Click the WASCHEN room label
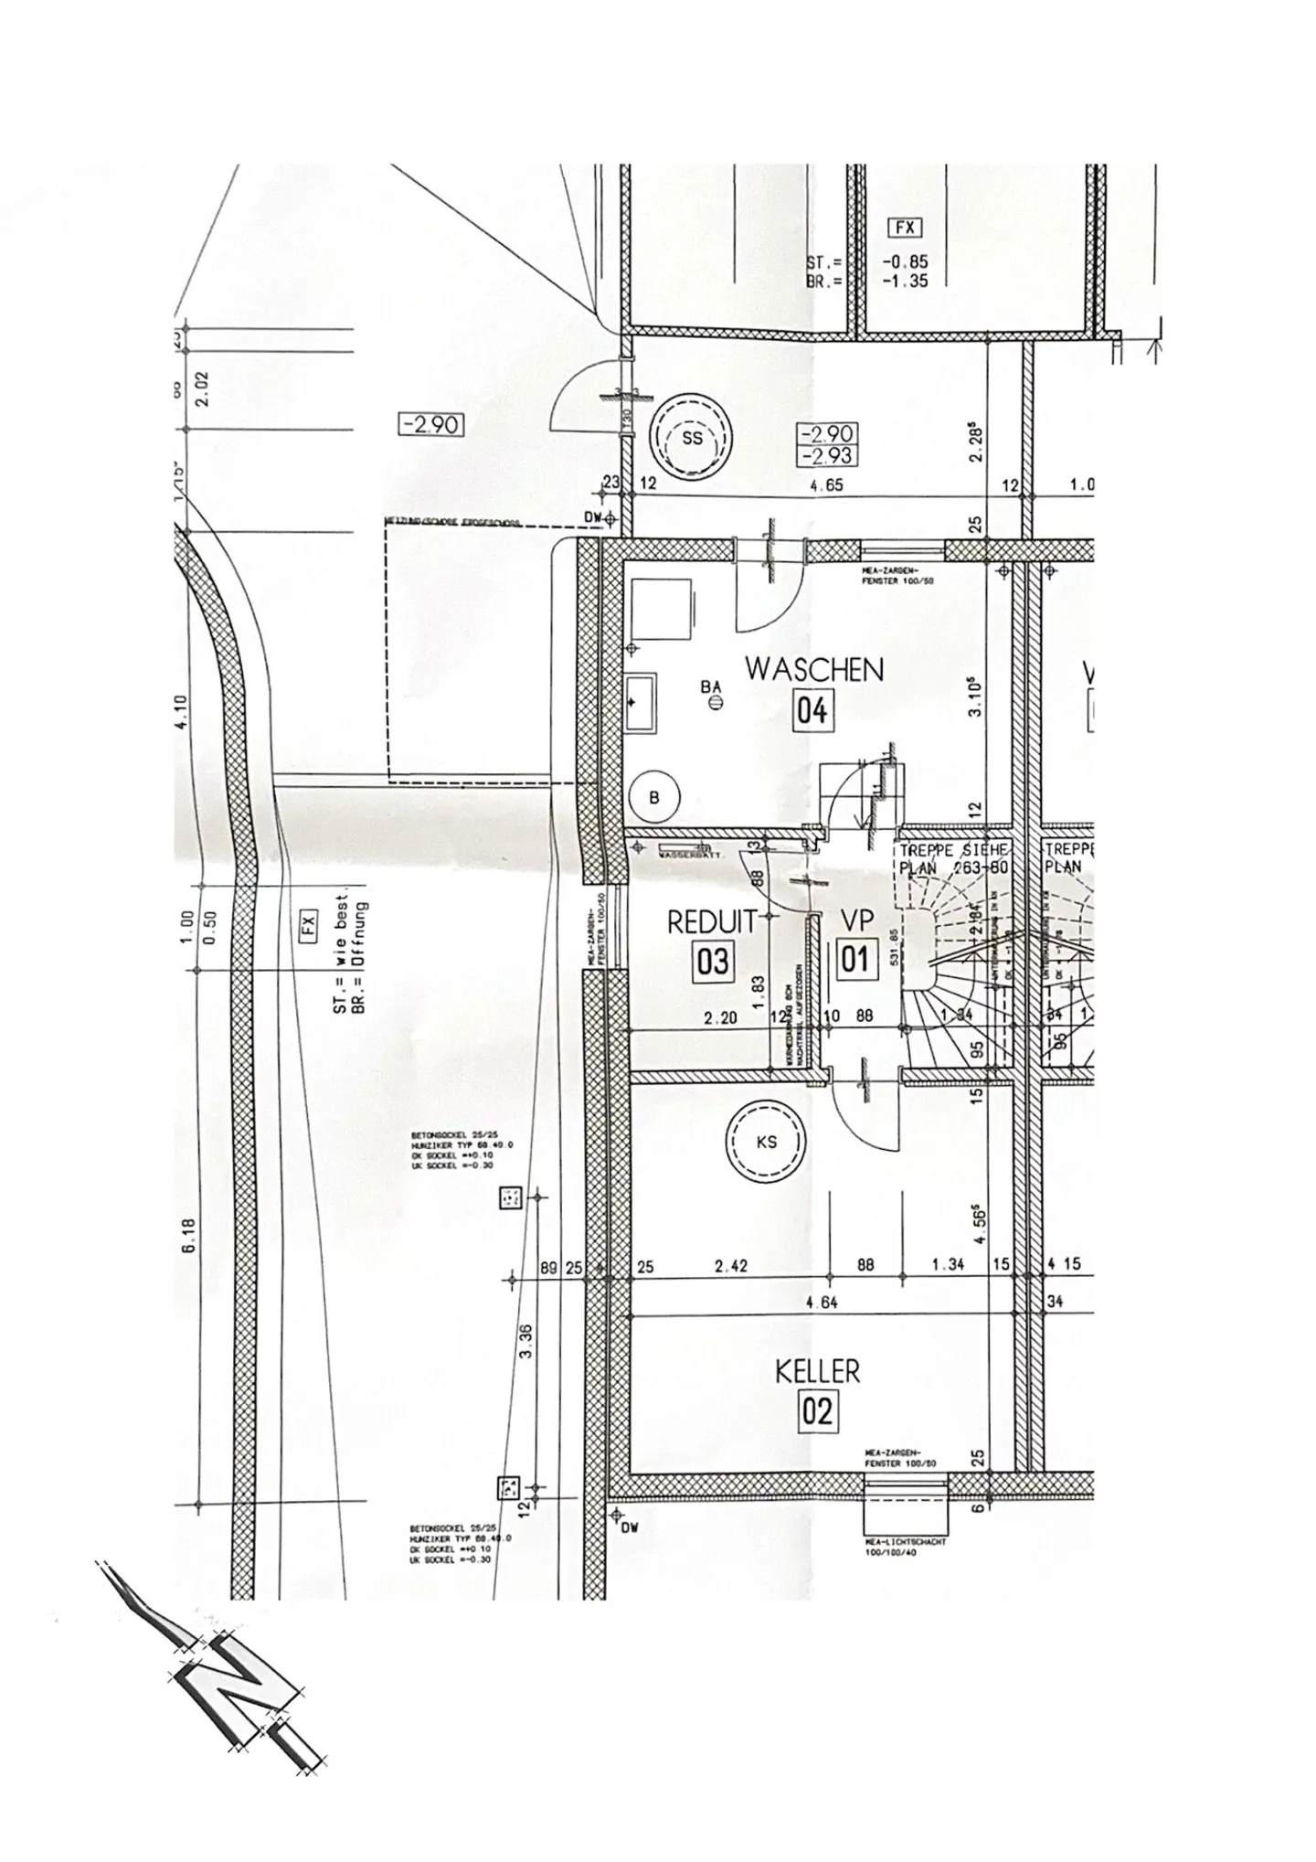tap(814, 669)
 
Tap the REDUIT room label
tap(713, 921)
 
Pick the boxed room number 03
tap(713, 961)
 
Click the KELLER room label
tap(817, 1371)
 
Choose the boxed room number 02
tap(817, 1412)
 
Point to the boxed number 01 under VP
tap(854, 959)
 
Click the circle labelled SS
tap(692, 438)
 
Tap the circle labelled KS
tap(767, 1142)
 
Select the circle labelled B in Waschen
tap(654, 797)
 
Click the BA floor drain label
tap(711, 686)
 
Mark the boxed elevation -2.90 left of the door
tap(431, 425)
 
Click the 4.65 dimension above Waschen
tap(826, 485)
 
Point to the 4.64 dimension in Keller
tap(822, 1303)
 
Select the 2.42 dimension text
tap(732, 1265)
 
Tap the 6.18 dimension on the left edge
tap(189, 1236)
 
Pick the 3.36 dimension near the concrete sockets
tap(525, 1341)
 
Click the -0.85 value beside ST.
tap(905, 262)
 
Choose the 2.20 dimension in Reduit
tap(721, 1016)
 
